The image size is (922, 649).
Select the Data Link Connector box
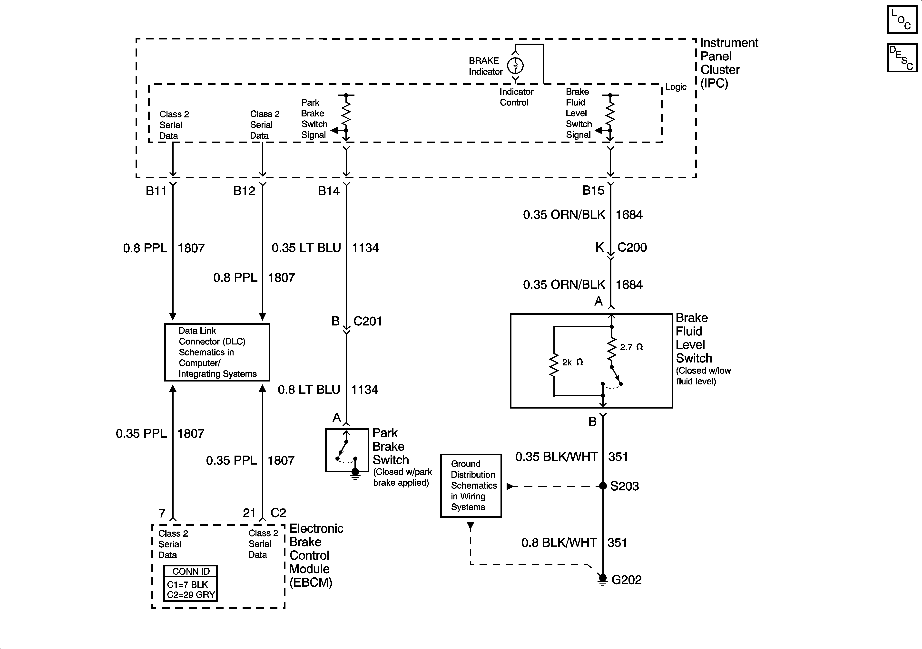click(217, 353)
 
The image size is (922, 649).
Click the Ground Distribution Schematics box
click(471, 486)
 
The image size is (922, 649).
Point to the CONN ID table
click(190, 583)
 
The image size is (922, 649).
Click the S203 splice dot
click(603, 486)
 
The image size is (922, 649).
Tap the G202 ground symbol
click(602, 580)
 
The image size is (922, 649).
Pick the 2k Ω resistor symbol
click(554, 365)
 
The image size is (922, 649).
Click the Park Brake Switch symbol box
click(347, 450)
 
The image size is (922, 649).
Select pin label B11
click(156, 191)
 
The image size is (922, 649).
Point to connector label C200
click(632, 247)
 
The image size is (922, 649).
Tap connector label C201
click(367, 321)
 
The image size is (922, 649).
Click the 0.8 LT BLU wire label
click(309, 389)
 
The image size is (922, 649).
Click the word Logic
click(676, 87)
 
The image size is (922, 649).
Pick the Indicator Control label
click(516, 97)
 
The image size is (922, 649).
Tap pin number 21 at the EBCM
click(249, 513)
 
